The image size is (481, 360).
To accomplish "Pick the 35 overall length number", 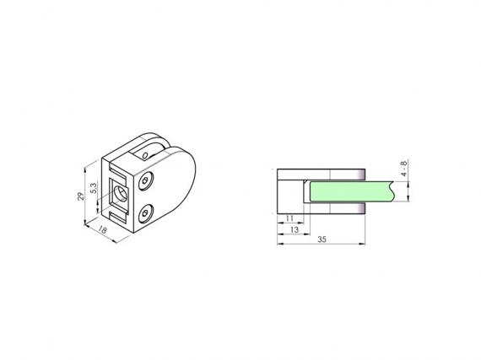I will pos(322,239).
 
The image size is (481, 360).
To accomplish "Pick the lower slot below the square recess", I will pos(120,214).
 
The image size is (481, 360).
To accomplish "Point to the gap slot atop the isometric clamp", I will pos(150,153).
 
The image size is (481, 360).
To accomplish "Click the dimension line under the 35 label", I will pos(322,245).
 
